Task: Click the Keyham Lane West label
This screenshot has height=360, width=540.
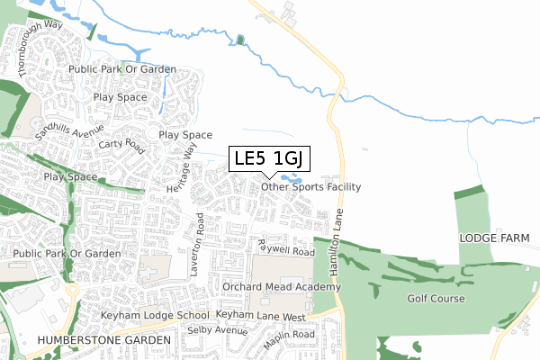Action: tap(261, 317)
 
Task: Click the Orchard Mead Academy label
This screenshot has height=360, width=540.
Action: tap(282, 287)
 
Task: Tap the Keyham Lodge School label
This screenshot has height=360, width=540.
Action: tap(156, 317)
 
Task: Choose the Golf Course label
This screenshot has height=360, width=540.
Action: tap(436, 299)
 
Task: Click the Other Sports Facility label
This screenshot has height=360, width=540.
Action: tap(310, 187)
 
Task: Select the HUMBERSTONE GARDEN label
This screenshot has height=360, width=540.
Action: tap(103, 341)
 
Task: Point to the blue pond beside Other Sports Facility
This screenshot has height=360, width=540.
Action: tap(291, 178)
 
